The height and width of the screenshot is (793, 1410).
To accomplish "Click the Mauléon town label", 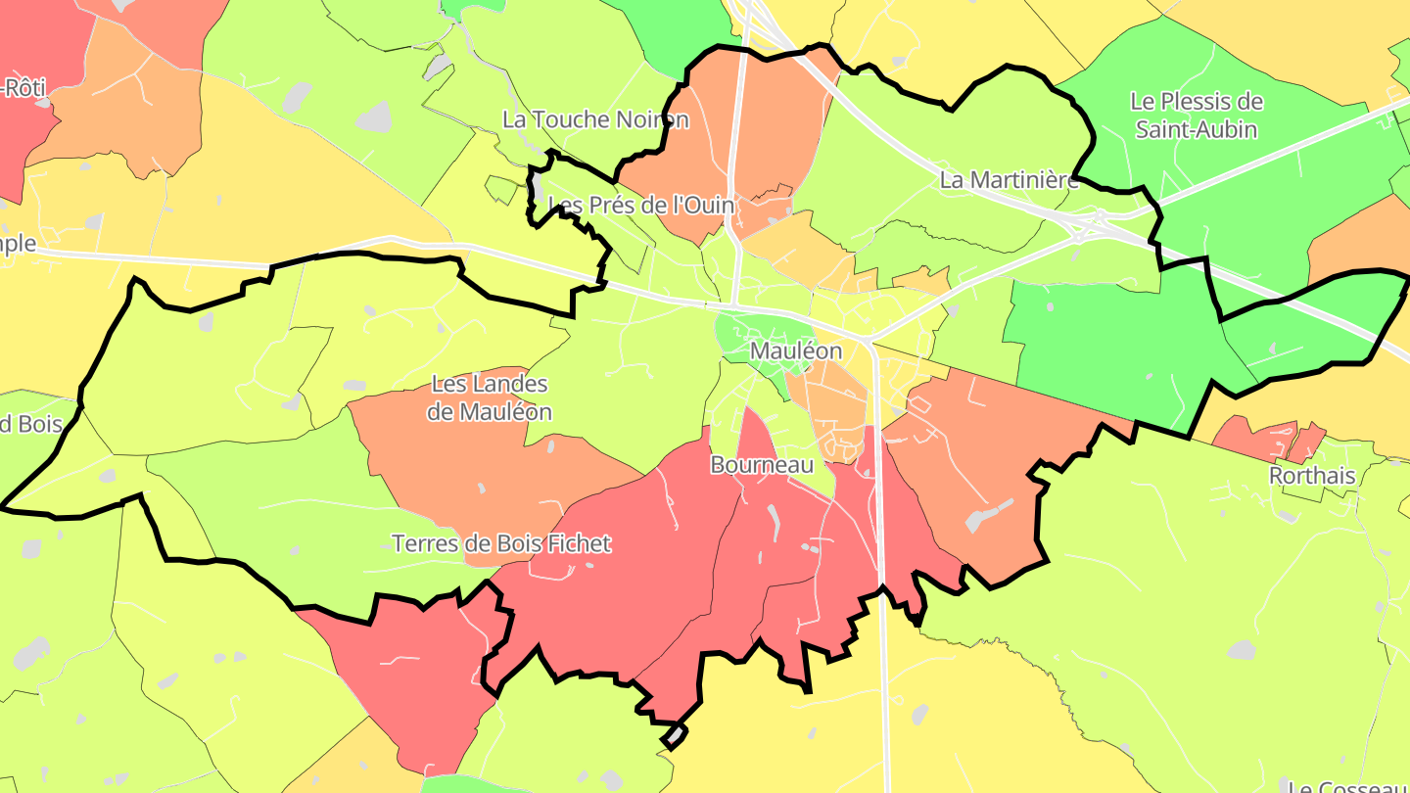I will click(x=795, y=350).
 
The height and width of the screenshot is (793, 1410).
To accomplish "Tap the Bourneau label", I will click(x=762, y=465).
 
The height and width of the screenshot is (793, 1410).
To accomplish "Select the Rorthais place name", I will click(x=1311, y=476).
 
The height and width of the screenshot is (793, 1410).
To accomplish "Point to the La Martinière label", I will click(x=1009, y=180).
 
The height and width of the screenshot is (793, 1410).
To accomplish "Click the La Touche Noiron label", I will click(x=595, y=119).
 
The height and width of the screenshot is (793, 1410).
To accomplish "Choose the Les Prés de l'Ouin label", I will click(x=641, y=205).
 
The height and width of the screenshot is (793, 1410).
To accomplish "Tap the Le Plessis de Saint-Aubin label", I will click(x=1196, y=115).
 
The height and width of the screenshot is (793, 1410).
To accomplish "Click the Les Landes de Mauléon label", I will click(x=489, y=397).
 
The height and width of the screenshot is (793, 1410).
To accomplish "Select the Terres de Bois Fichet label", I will click(x=501, y=543).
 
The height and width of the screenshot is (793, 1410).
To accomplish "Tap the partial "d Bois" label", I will click(x=30, y=424).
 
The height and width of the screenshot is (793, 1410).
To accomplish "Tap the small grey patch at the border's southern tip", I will click(x=675, y=734).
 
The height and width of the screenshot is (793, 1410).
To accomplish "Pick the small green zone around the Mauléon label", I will click(x=754, y=338).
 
